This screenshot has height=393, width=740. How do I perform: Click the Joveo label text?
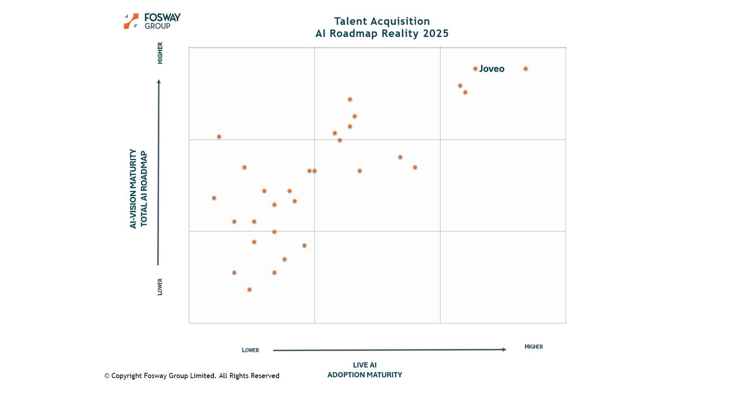pyautogui.click(x=492, y=69)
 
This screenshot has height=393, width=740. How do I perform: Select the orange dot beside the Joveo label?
pyautogui.click(x=475, y=69)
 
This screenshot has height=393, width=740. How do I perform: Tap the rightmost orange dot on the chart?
pyautogui.click(x=525, y=69)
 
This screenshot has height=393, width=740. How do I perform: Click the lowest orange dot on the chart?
pyautogui.click(x=249, y=289)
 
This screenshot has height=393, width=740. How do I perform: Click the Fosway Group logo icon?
pyautogui.click(x=131, y=21)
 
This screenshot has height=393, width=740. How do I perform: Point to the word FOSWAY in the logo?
pyautogui.click(x=162, y=18)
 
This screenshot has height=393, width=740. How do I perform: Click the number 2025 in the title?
pyautogui.click(x=436, y=34)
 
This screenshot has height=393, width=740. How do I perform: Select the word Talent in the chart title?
pyautogui.click(x=350, y=21)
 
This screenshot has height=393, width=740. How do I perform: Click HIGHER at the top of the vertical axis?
pyautogui.click(x=160, y=53)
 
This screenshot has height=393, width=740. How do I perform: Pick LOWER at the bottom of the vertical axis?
pyautogui.click(x=160, y=287)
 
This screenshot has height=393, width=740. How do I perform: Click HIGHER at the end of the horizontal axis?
pyautogui.click(x=533, y=347)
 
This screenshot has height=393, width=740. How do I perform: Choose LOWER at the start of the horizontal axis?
pyautogui.click(x=250, y=350)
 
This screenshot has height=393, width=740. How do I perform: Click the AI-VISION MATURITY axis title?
pyautogui.click(x=133, y=188)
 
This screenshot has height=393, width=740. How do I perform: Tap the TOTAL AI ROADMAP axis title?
pyautogui.click(x=144, y=188)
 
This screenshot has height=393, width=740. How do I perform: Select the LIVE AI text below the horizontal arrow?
pyautogui.click(x=364, y=365)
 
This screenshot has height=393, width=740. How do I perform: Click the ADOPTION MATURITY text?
pyautogui.click(x=364, y=375)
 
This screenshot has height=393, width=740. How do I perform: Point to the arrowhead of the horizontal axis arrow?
pyautogui.click(x=504, y=349)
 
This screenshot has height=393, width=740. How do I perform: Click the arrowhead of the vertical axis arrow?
pyautogui.click(x=159, y=82)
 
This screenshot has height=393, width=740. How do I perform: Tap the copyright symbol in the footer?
pyautogui.click(x=107, y=376)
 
